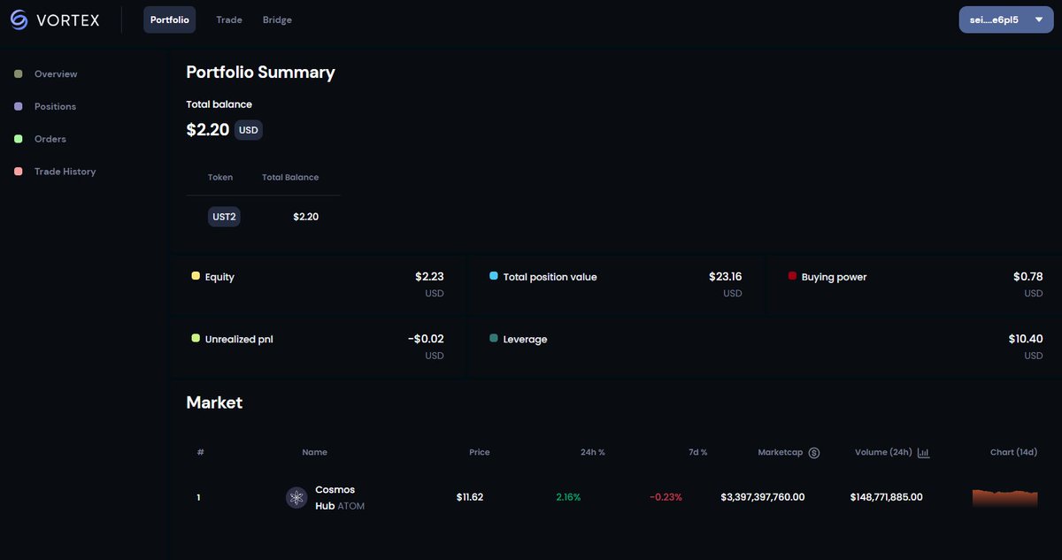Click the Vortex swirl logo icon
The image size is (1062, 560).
tap(19, 19)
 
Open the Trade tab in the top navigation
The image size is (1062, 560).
tap(229, 19)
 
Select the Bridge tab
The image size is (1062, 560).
tap(277, 19)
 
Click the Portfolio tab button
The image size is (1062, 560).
tap(169, 19)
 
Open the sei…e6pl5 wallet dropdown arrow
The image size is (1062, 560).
tap(1039, 19)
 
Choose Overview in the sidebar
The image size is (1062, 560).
tap(56, 74)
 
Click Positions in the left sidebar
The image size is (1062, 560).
tap(55, 106)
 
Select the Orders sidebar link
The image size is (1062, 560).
tap(50, 139)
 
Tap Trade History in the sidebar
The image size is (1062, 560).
tap(65, 172)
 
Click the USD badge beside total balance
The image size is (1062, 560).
tap(249, 130)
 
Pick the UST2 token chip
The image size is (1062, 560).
tap(224, 217)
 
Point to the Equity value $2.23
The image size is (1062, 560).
tap(429, 276)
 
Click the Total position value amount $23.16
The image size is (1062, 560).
tap(726, 276)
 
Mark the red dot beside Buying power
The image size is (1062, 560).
tap(792, 276)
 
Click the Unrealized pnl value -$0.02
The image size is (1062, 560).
tap(426, 339)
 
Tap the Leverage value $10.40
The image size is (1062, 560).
tap(1026, 339)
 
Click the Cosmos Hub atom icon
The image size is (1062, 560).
tap(296, 497)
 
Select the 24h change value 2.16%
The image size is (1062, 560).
tap(568, 497)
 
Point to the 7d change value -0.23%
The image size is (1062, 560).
tap(666, 497)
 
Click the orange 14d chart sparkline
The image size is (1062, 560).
tap(1004, 498)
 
